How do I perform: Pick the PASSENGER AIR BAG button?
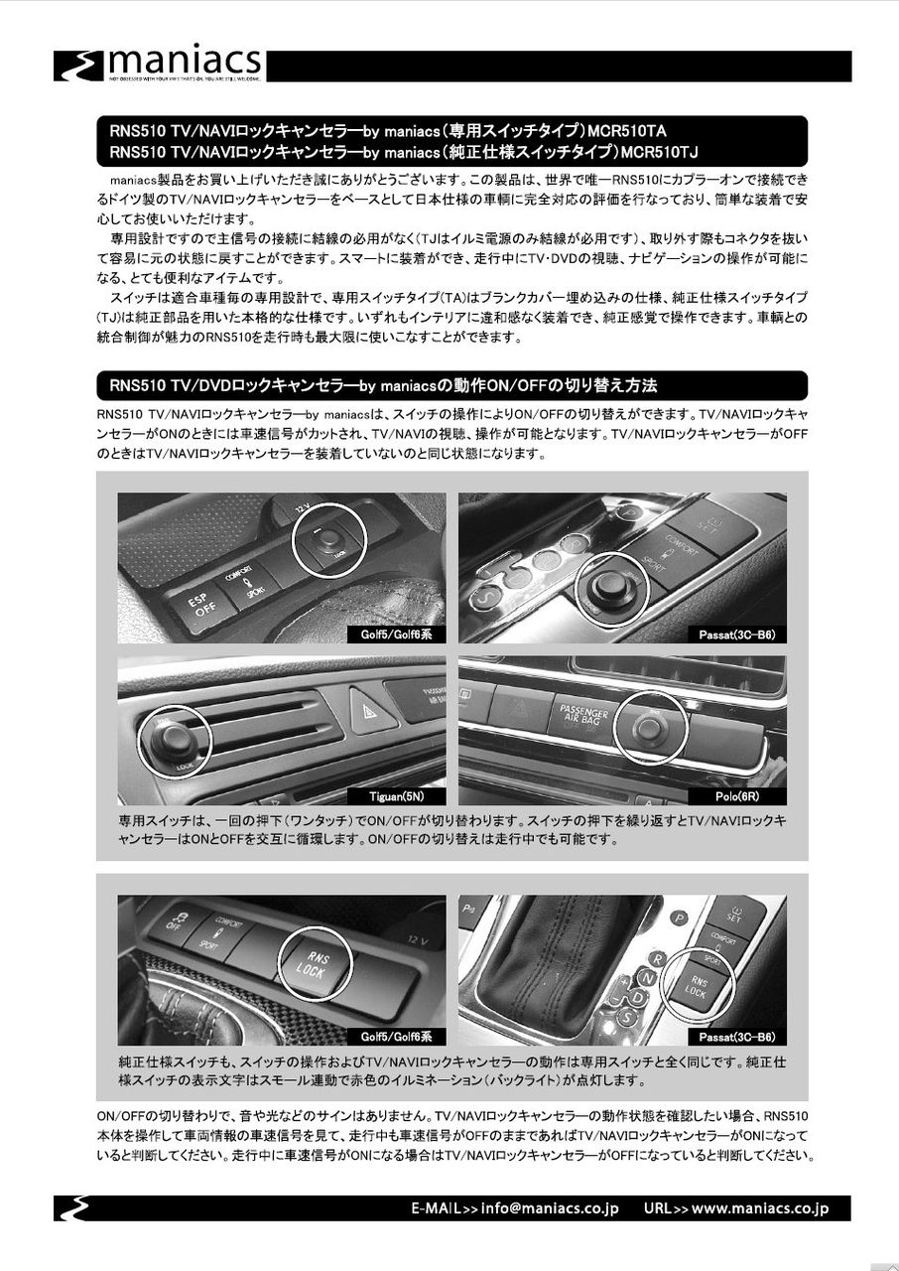(582, 712)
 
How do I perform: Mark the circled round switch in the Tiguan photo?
(175, 741)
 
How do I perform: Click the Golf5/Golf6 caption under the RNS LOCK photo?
(396, 1037)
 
